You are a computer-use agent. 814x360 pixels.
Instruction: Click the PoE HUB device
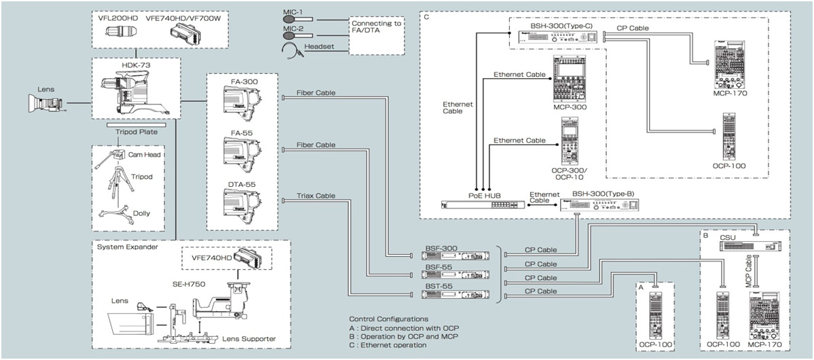click(x=484, y=204)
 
